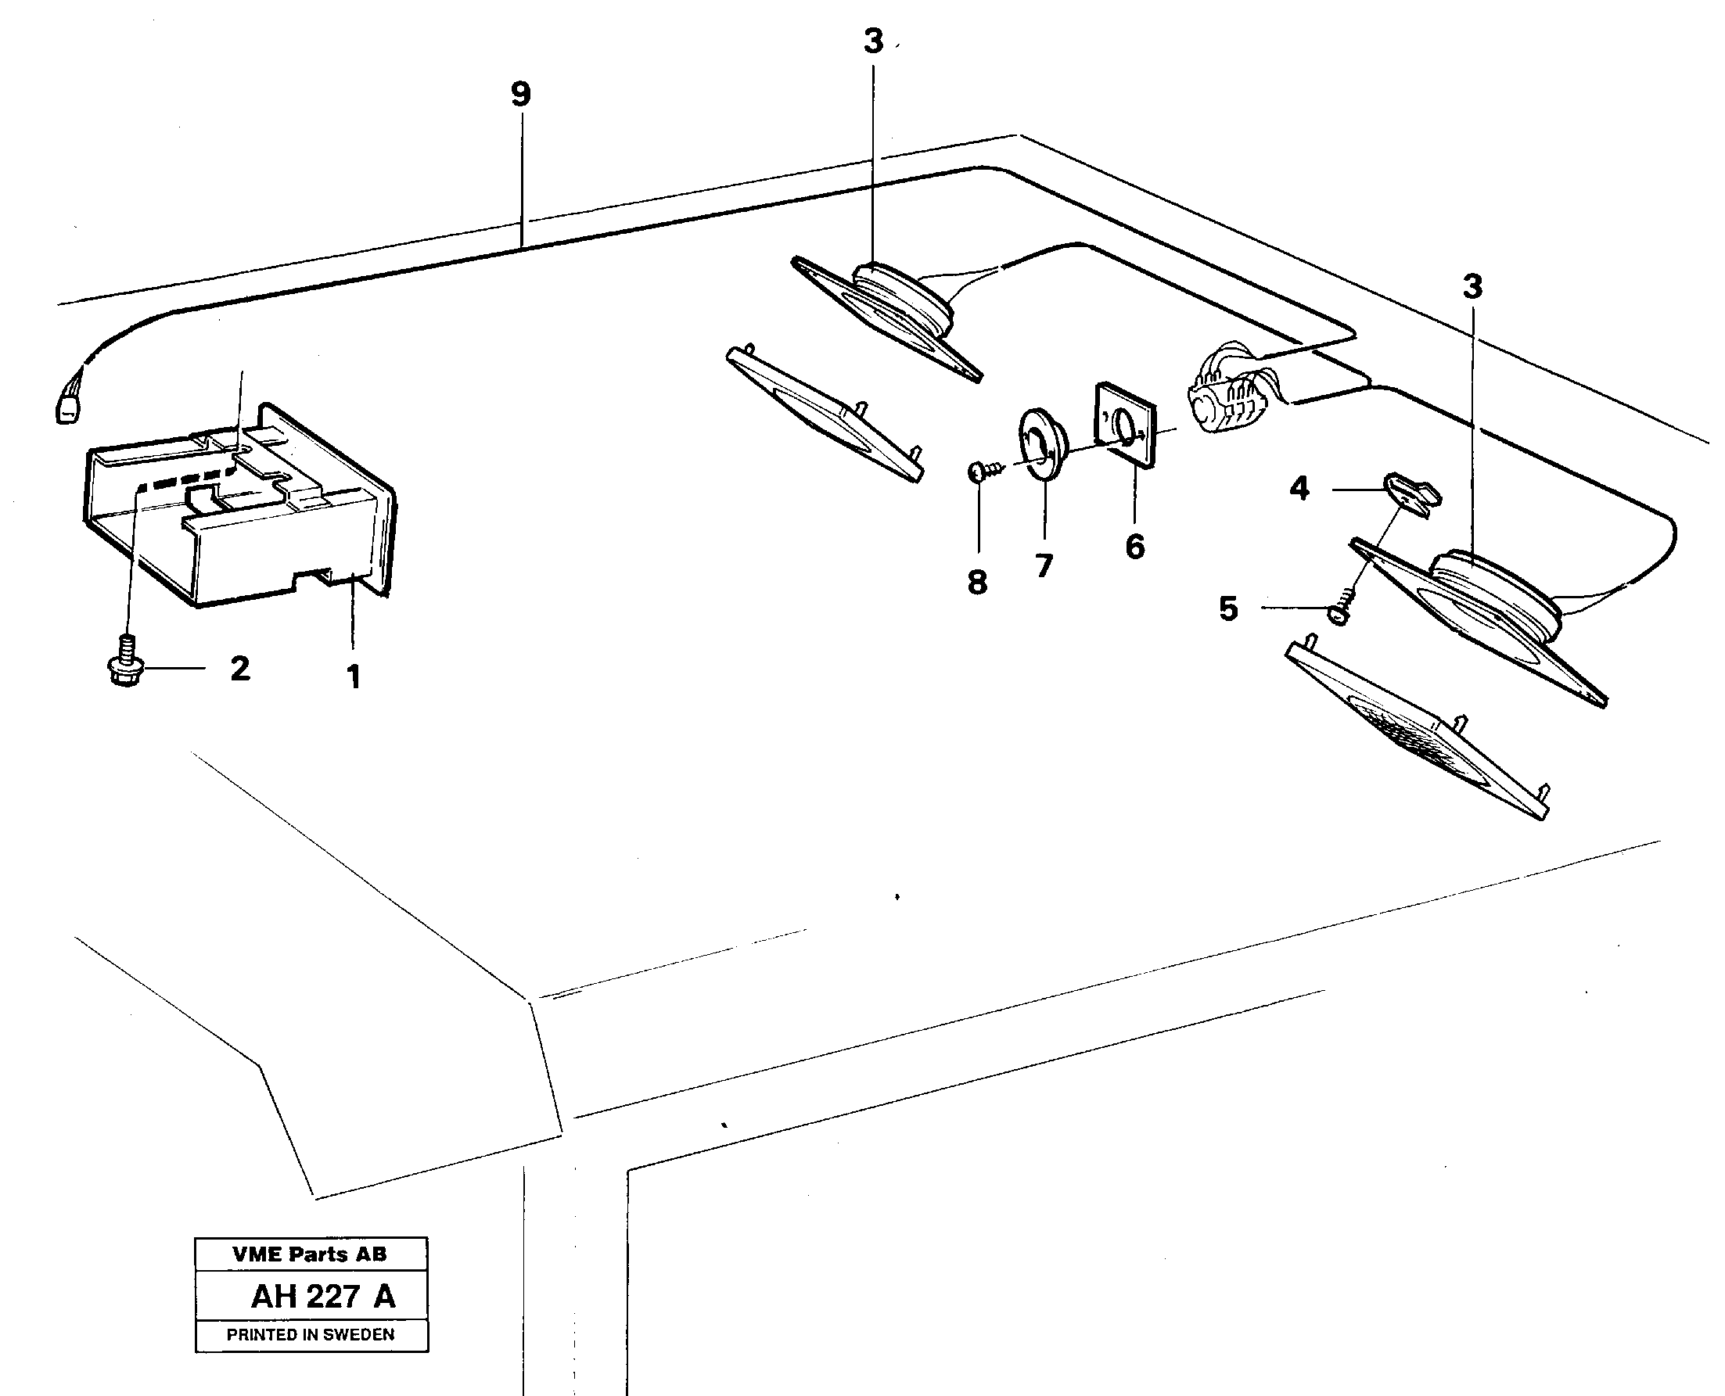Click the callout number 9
521,95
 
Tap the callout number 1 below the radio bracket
353,677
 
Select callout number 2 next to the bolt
239,668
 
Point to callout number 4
1299,488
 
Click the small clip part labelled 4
1412,494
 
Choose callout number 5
1228,608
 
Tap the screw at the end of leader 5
1342,608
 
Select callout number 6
1134,547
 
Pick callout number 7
1044,566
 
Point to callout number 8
977,582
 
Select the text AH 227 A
322,1297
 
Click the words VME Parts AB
310,1254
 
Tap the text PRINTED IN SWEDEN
311,1335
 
